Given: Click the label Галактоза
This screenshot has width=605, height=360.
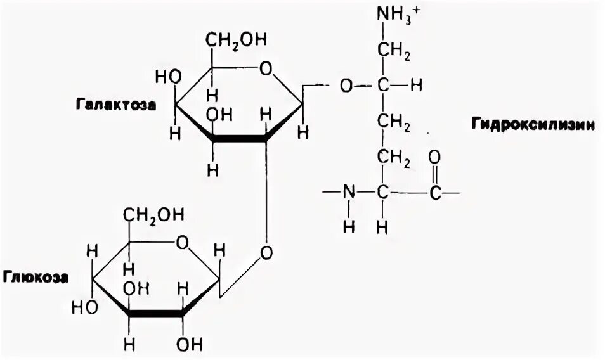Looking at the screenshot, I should pyautogui.click(x=118, y=104).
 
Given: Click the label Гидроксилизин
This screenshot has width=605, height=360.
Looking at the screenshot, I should pyautogui.click(x=532, y=124).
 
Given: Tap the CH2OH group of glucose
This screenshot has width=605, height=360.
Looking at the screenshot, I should pyautogui.click(x=155, y=216).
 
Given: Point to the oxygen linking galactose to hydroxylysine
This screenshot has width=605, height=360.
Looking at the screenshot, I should pyautogui.click(x=346, y=84).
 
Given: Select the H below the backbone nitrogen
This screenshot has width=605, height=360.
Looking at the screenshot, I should pyautogui.click(x=348, y=225).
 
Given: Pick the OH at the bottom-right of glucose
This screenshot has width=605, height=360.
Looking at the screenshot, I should pyautogui.click(x=189, y=345).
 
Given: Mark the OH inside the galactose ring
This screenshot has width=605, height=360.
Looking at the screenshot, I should pyautogui.click(x=219, y=115).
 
